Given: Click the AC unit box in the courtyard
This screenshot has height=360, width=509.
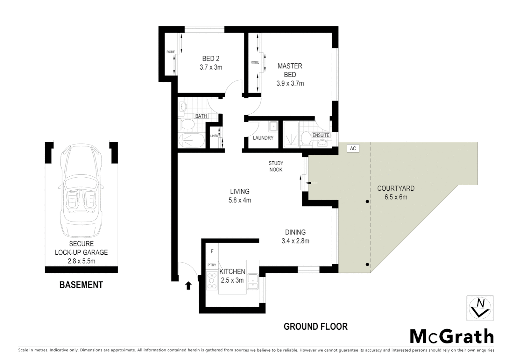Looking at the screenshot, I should click(x=353, y=148).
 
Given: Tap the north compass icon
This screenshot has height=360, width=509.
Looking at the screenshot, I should click(x=480, y=308).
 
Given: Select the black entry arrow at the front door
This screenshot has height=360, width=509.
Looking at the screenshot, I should click(x=188, y=285).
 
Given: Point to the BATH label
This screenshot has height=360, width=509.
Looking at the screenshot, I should click(x=201, y=116).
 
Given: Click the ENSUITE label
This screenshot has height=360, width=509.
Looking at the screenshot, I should click(x=321, y=135).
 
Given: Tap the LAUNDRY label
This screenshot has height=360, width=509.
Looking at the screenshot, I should click(x=263, y=138).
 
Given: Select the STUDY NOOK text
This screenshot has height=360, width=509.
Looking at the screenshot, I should click(x=275, y=166).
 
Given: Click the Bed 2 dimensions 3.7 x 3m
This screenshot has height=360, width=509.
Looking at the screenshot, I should click(x=211, y=67).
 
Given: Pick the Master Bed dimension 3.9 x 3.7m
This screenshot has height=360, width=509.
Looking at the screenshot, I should click(x=290, y=84).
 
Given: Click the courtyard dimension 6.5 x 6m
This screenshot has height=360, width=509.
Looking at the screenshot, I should click(x=396, y=197).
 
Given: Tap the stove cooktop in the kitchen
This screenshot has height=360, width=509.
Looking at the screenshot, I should click(x=212, y=280).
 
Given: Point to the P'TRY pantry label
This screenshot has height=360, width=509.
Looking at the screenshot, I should click(x=212, y=265).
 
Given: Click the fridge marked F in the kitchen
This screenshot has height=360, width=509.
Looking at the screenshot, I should click(x=212, y=252).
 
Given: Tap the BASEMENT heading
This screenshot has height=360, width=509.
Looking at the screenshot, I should click(x=81, y=285).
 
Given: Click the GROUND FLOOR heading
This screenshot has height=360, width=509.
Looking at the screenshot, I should click(x=315, y=327).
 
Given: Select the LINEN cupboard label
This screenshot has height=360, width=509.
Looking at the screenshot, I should click(x=214, y=136).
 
